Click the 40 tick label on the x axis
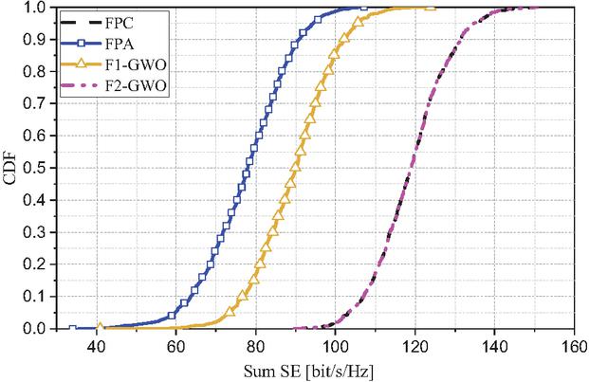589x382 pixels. pyautogui.click(x=96, y=346)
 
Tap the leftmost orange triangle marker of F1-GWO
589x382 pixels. pyautogui.click(x=101, y=328)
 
